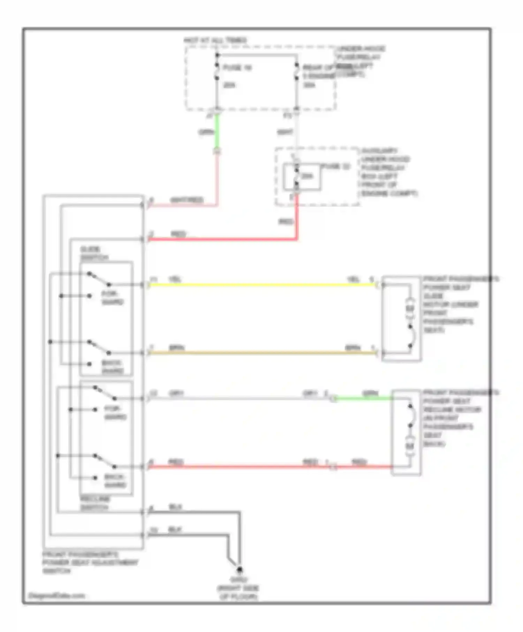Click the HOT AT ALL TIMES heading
[x=215, y=40]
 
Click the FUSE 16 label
[x=237, y=68]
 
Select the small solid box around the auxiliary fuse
[x=302, y=177]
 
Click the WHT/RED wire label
[x=187, y=200]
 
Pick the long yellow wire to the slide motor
[x=261, y=285]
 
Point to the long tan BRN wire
[x=261, y=353]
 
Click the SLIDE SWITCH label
[x=93, y=253]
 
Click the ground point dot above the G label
[x=240, y=570]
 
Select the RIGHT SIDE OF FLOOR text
[x=238, y=592]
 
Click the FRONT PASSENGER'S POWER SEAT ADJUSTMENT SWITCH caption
[x=90, y=562]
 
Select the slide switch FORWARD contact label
[x=112, y=298]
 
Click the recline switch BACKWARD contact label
[x=115, y=481]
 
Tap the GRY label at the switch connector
[x=176, y=394]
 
